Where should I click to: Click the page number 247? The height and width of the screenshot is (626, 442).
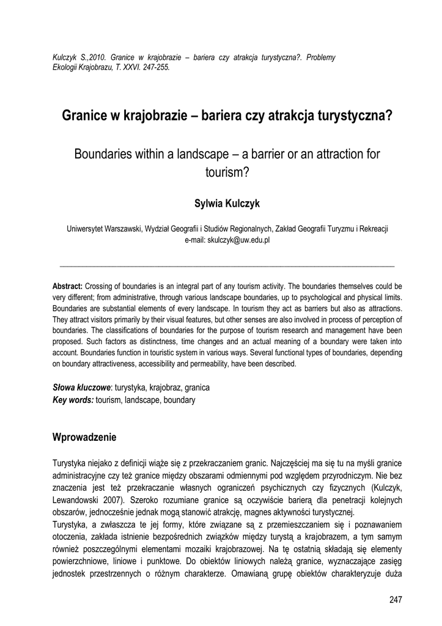395,599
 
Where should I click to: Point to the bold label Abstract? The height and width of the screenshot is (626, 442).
67,286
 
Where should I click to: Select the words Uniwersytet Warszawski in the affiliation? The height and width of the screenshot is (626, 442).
103,229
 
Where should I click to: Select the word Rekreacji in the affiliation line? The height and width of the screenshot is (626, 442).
372,229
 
